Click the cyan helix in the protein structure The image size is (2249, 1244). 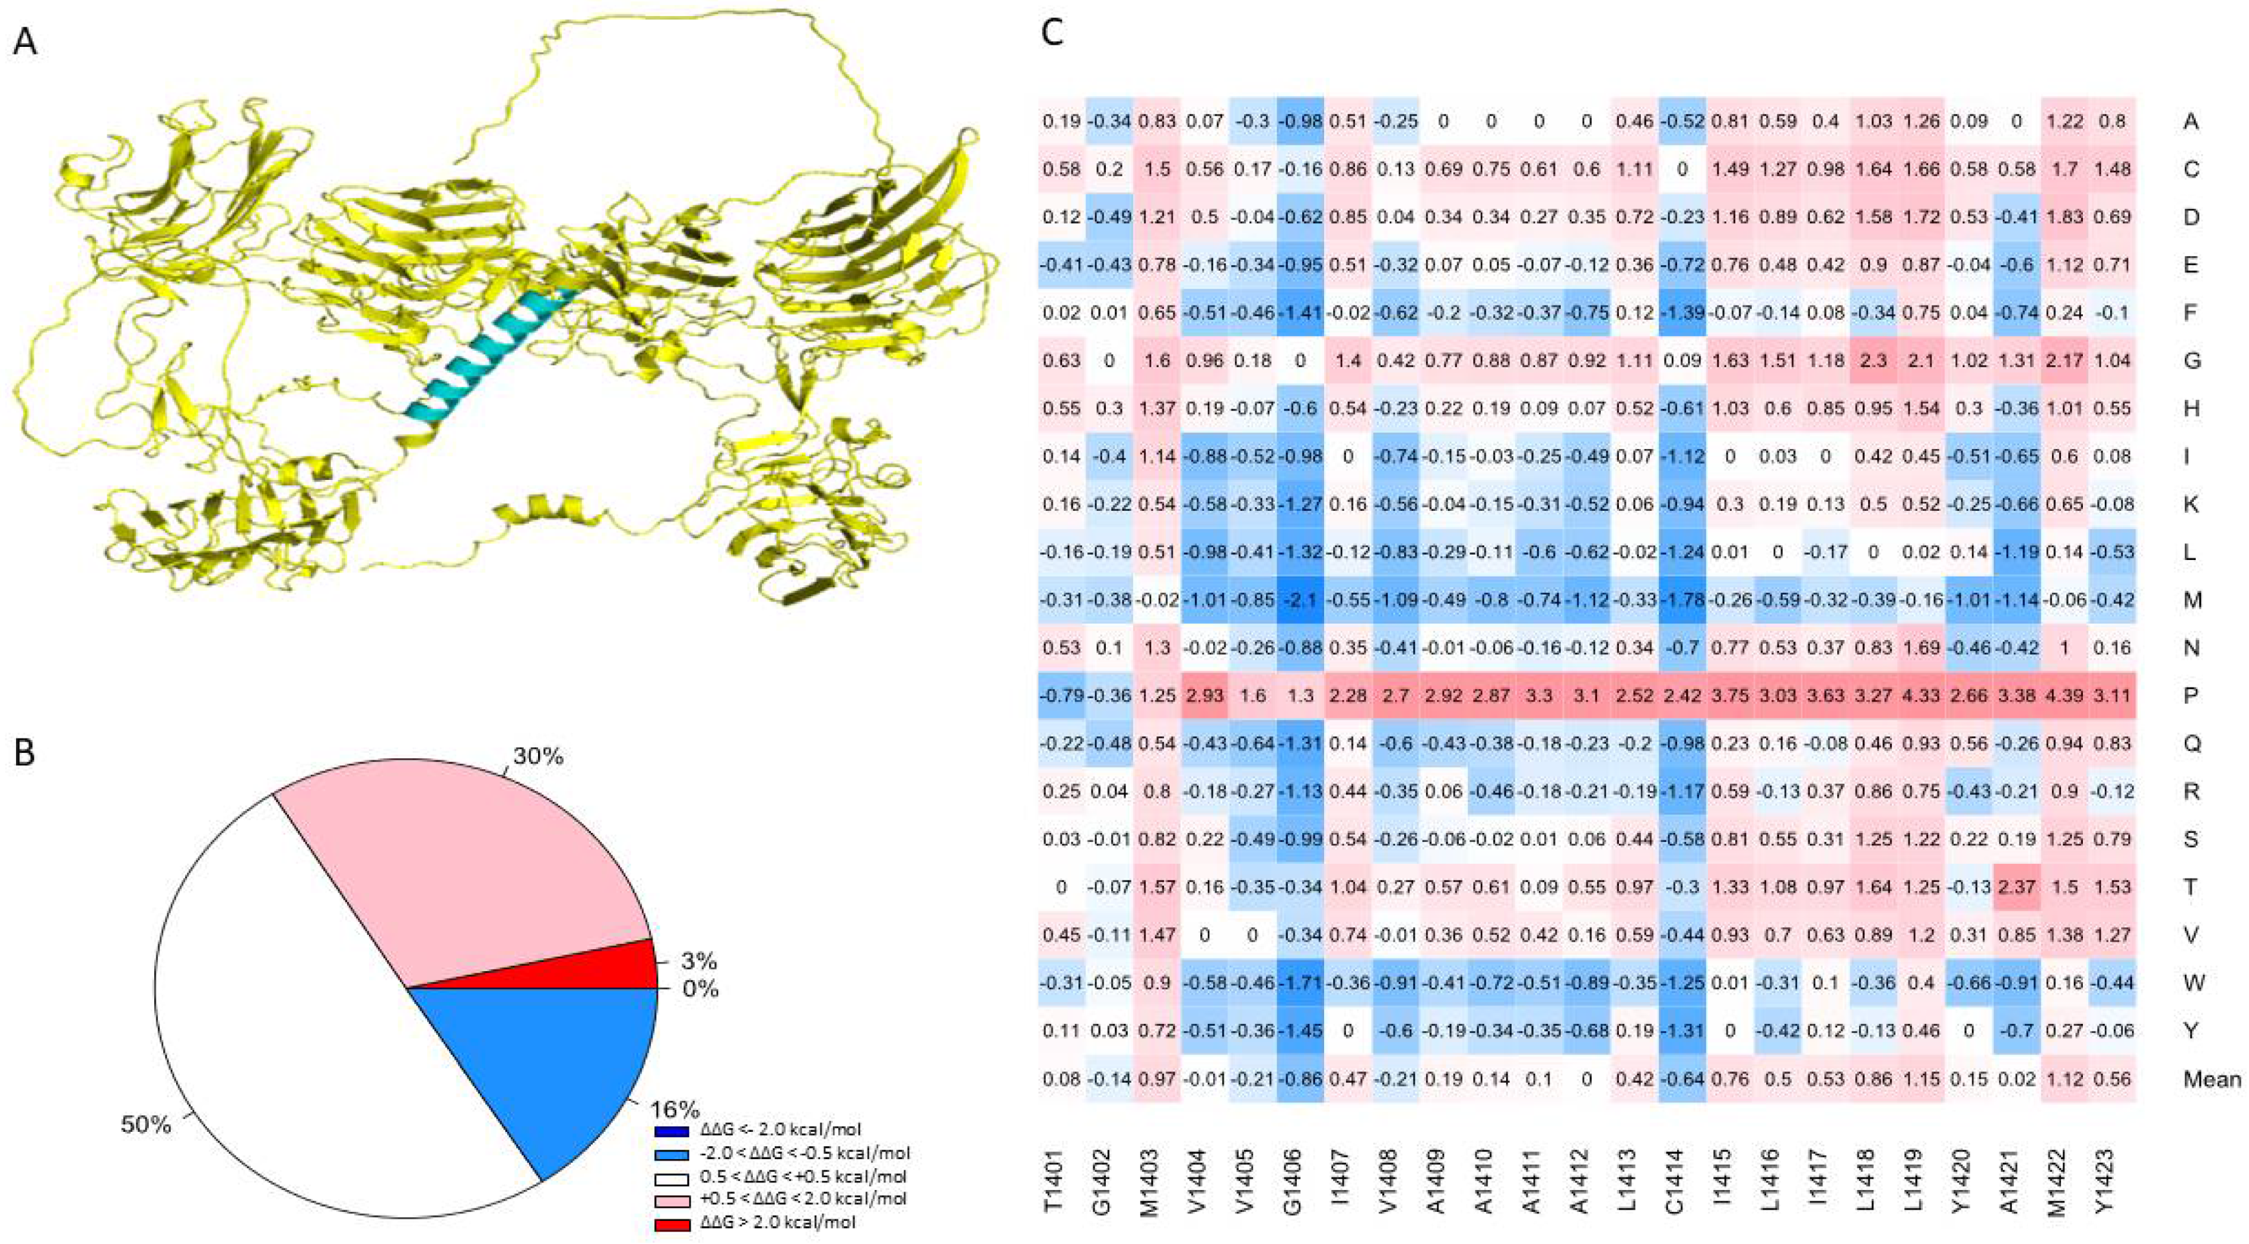489,362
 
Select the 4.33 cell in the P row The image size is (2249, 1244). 1921,696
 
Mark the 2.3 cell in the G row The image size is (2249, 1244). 1873,361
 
